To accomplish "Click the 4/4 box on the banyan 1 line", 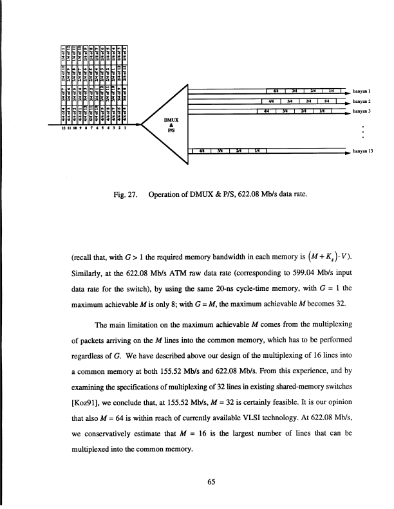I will (276, 91).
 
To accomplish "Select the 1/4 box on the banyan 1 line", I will (330, 91).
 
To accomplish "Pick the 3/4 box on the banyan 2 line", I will (292, 101).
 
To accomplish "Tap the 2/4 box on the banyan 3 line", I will (301, 111).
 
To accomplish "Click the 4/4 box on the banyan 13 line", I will (202, 151).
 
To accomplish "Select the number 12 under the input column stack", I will (63, 128).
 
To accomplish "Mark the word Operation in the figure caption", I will (169, 193).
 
